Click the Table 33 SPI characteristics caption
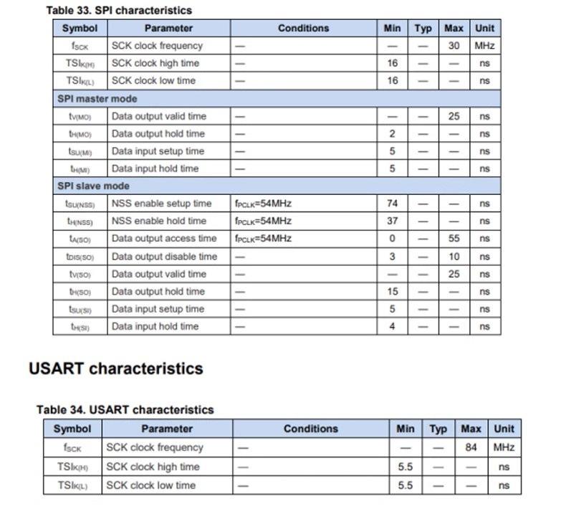click(119, 10)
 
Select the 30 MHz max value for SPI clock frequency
click(454, 45)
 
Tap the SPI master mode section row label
click(97, 98)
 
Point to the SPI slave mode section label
click(93, 186)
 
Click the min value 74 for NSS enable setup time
click(392, 204)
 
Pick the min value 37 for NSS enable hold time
click(392, 221)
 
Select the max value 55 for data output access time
click(454, 239)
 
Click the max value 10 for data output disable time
click(454, 257)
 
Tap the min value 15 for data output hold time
click(392, 292)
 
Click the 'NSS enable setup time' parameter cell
click(161, 204)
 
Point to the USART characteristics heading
click(115, 368)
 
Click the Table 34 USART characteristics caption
click(125, 409)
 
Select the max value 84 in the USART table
click(471, 447)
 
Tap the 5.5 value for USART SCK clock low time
click(405, 485)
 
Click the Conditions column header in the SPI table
click(303, 28)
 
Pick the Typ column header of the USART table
click(438, 429)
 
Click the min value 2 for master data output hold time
click(392, 133)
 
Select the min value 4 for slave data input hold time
click(392, 327)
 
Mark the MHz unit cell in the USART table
click(504, 447)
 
